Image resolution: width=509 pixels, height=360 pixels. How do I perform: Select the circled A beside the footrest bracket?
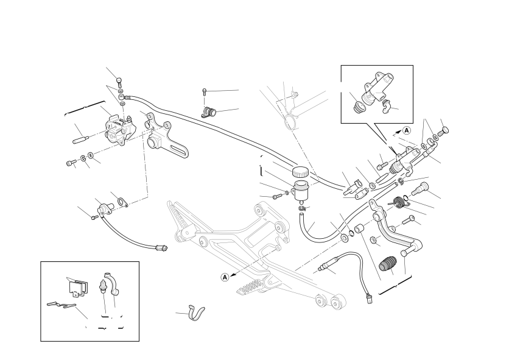[225, 277]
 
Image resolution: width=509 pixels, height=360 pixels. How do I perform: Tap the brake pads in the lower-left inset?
[77, 286]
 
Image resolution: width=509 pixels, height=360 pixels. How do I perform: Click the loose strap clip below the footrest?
[197, 312]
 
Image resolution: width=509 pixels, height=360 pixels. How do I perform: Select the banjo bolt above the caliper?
[119, 82]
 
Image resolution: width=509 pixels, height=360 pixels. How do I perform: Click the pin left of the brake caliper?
[80, 138]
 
